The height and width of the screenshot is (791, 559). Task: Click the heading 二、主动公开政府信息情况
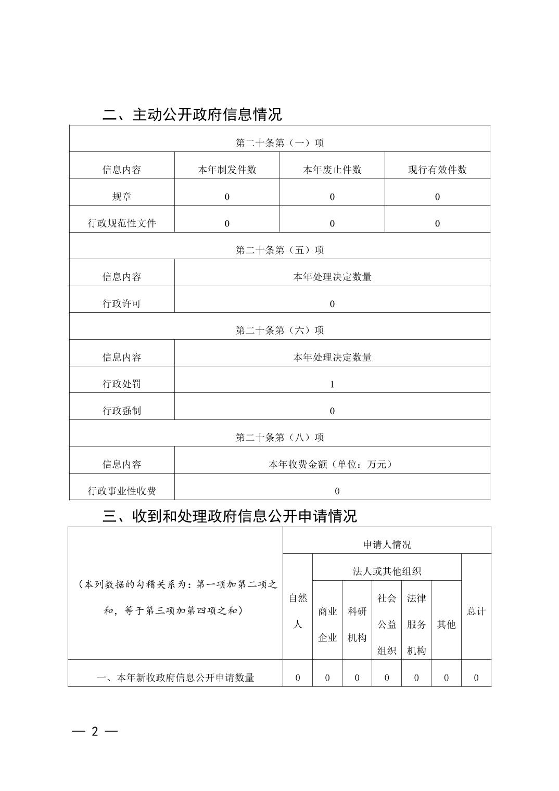point(192,114)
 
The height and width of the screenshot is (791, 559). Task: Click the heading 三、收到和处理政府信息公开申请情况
point(230,516)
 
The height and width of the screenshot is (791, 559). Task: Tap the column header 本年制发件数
point(227,170)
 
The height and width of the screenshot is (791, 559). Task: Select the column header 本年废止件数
point(332,170)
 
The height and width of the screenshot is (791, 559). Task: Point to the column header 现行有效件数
point(437,170)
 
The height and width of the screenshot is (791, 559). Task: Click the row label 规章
point(122,197)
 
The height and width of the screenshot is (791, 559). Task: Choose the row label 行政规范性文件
point(122,223)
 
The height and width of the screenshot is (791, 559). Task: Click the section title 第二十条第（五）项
point(279,250)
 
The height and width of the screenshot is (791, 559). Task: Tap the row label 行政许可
point(122,303)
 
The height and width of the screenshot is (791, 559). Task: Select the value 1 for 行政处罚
point(332,384)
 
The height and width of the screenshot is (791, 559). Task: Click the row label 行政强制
point(122,411)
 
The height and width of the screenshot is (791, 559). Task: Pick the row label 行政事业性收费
point(122,491)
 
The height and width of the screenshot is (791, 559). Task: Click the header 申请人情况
point(387,544)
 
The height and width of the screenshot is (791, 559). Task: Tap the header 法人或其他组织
point(387,571)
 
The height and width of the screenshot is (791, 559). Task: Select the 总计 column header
point(476,611)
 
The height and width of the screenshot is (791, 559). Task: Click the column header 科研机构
point(357,624)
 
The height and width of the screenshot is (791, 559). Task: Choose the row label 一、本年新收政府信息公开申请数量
point(175,678)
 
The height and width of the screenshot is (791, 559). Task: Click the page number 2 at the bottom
point(95,731)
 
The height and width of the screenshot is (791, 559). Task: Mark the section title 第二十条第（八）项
point(279,437)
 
